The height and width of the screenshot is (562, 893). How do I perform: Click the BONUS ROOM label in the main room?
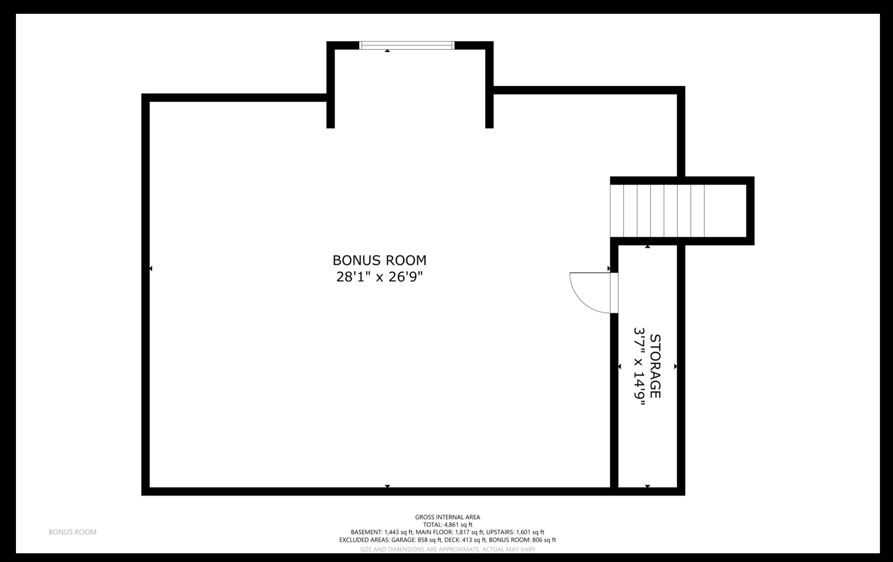pos(379,260)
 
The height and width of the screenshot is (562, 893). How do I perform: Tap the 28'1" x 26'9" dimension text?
pos(379,277)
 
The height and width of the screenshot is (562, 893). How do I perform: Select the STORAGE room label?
pos(655,366)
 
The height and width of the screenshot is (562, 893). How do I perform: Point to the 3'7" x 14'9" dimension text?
pos(639,366)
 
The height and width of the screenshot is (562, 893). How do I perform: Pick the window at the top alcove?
pos(407,45)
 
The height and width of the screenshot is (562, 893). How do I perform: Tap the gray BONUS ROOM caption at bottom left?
pos(72,532)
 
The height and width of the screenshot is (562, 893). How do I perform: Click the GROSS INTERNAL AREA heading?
pos(447,517)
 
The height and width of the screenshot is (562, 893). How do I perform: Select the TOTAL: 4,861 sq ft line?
pos(448,525)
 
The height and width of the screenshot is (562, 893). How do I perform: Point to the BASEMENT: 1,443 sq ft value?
pos(382,532)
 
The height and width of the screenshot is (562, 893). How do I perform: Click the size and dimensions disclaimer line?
pos(448,549)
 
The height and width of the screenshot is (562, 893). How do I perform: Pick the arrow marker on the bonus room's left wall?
pos(151,268)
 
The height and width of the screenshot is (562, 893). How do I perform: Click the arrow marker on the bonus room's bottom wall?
pos(387,486)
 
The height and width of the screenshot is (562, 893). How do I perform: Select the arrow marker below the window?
pos(387,51)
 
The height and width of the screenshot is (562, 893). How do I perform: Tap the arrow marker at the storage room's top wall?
pos(647,247)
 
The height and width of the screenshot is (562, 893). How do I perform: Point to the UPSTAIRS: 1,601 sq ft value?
pos(515,532)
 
